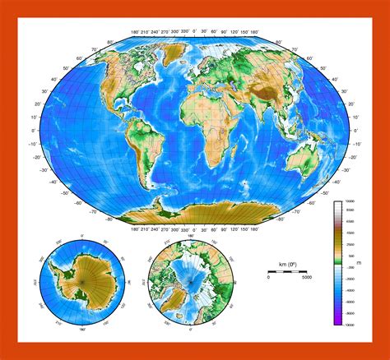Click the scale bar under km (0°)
(287, 270)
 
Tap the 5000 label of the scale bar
(306, 278)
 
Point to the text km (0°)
(288, 262)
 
